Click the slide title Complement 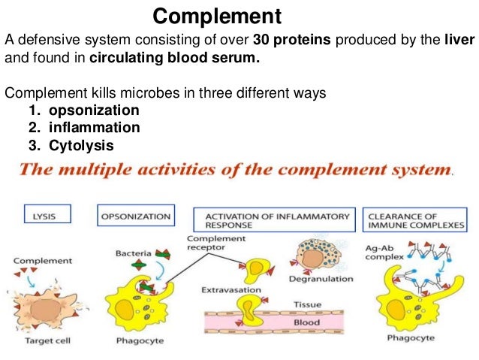217,16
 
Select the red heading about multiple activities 236,170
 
